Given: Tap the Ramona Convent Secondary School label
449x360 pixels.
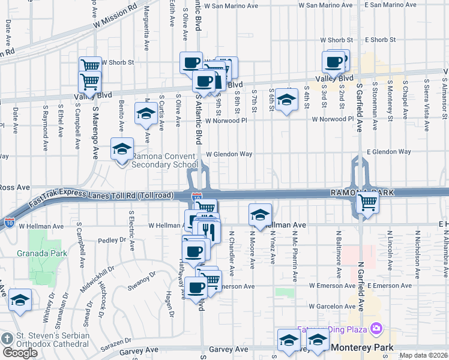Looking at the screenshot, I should point(164,160).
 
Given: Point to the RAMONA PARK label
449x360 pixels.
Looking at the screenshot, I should point(361,193).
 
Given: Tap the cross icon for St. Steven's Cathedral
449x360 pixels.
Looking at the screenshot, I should point(7,339).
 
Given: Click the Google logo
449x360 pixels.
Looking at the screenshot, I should point(19,352).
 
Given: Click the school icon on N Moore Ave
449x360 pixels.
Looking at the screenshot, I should point(260,215).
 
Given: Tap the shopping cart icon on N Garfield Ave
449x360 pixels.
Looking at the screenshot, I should point(367,203).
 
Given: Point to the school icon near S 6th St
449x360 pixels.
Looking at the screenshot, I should point(287,100).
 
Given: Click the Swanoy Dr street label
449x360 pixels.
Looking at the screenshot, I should point(143,278).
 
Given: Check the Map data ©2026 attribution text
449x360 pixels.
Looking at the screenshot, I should point(424,355).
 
